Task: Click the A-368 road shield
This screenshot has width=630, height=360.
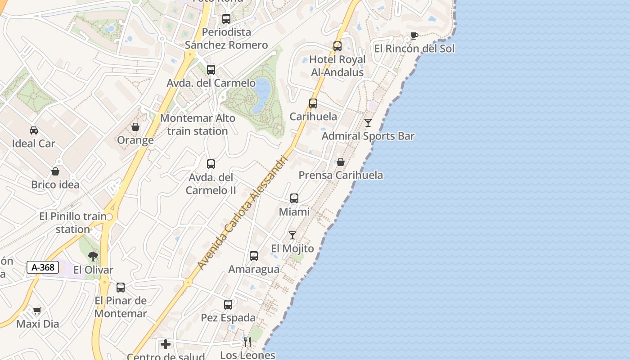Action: click(43, 267)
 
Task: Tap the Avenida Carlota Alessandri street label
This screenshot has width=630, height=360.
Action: click(242, 212)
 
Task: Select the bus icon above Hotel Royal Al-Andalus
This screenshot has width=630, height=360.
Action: click(337, 46)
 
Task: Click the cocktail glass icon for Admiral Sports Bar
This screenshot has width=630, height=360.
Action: click(368, 122)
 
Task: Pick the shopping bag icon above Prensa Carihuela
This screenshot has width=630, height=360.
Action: click(341, 162)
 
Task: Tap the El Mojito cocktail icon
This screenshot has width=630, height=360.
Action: click(292, 235)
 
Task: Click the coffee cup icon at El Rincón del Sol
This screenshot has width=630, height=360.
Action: click(414, 36)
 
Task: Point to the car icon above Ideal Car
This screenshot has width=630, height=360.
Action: click(34, 130)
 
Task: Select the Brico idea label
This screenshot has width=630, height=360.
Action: click(55, 184)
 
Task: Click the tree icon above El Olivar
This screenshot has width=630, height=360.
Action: click(93, 256)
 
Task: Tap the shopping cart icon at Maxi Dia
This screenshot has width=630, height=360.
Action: click(37, 310)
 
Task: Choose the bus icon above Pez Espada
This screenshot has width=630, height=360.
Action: click(228, 305)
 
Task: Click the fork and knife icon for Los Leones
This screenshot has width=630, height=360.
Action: click(247, 342)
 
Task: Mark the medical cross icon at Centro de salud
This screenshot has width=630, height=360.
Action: click(166, 345)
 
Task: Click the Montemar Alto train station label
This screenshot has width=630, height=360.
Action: click(198, 125)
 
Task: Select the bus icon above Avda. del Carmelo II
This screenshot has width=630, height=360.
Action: click(211, 164)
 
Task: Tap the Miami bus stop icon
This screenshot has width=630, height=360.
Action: click(294, 198)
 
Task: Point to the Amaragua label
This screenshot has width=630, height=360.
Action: click(254, 269)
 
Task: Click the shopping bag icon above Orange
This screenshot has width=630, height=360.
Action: click(135, 127)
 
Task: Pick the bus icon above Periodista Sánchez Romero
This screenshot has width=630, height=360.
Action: click(226, 19)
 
